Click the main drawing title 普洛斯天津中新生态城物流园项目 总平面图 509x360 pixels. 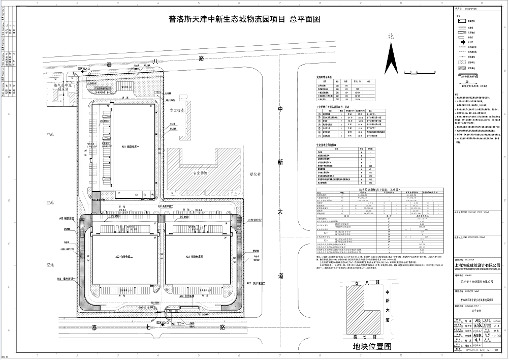coord(245,20)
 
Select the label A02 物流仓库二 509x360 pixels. coord(121,257)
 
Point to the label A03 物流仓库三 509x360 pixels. coord(194,257)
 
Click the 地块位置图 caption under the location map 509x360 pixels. coord(373,346)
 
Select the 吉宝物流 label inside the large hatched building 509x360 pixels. coord(200,173)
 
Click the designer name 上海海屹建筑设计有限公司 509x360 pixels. coord(476,265)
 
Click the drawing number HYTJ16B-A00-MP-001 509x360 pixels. coord(476,350)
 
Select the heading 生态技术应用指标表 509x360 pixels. coord(330,145)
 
